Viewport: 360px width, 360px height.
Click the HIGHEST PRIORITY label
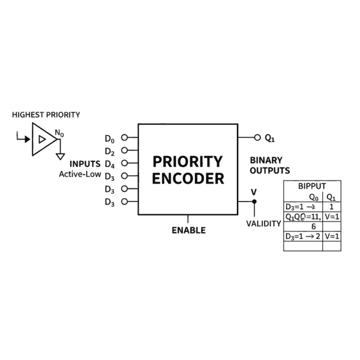46,115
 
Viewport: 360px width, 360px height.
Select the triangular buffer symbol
44,139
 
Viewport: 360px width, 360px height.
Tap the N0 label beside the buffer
59,133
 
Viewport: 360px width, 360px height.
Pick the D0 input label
110,138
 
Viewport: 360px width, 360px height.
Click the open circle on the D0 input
124,137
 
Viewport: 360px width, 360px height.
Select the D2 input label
110,151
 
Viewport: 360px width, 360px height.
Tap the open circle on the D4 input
124,163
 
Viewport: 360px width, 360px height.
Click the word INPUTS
85,164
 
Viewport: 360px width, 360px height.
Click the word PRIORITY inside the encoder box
187,162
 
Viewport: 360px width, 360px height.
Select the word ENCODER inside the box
188,179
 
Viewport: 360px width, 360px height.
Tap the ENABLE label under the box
188,230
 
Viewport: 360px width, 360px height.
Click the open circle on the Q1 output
258,137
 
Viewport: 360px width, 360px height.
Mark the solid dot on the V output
254,202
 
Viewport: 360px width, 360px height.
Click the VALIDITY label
263,223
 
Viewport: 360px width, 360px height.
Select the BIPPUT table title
311,186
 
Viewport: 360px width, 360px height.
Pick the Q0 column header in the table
313,197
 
